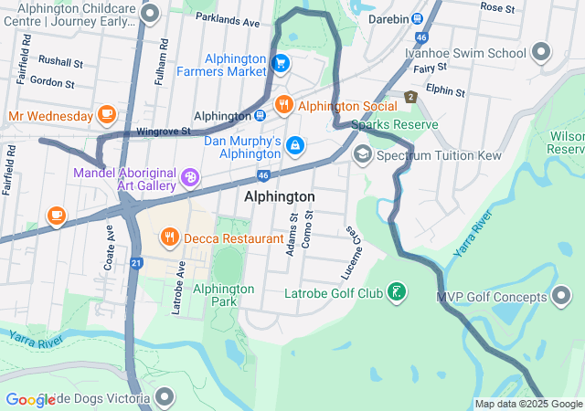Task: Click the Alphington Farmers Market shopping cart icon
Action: point(281,63)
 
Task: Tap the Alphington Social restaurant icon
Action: point(283,105)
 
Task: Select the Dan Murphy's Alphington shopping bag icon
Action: point(295,145)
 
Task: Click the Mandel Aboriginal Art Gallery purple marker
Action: point(189,177)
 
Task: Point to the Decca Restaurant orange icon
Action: point(169,238)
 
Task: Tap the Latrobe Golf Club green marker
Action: point(396,293)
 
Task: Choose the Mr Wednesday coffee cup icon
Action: point(107,115)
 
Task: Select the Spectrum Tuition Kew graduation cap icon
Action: point(362,155)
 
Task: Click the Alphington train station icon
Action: point(261,116)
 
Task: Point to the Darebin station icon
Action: point(417,18)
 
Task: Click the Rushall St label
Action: point(60,63)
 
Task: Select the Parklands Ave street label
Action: point(226,20)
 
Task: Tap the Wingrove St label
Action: point(163,132)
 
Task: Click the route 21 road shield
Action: point(136,263)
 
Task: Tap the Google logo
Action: point(31,400)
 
